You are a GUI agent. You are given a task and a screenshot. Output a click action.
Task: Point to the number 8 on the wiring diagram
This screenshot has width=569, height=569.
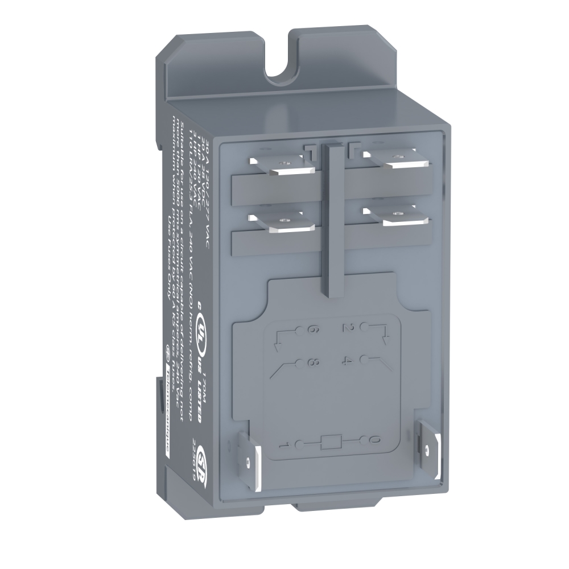(312, 362)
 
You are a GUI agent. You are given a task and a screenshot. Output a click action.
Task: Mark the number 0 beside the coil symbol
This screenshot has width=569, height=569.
(373, 440)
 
